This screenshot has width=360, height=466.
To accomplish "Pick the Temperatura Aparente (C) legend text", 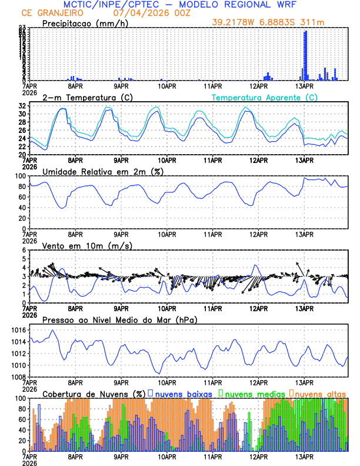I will (x=264, y=97).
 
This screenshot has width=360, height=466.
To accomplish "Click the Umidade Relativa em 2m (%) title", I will (x=103, y=171).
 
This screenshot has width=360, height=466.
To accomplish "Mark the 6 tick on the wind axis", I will (x=25, y=251).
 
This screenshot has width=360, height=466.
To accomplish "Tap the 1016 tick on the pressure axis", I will (x=18, y=330).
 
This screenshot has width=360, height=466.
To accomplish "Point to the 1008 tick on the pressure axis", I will (x=18, y=377).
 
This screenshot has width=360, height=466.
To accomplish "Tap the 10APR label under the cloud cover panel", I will (x=166, y=456).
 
